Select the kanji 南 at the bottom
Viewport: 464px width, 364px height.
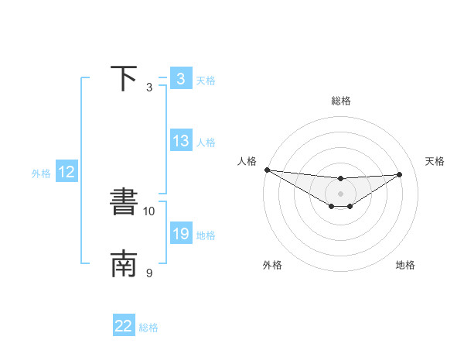tap(124, 264)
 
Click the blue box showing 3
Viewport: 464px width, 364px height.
tap(180, 78)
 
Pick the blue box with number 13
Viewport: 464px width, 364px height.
tap(180, 141)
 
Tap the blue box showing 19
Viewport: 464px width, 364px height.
tap(180, 233)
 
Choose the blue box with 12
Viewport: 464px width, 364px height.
tap(67, 173)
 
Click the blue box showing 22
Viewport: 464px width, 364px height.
tap(124, 326)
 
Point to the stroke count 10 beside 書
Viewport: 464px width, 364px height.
tap(149, 211)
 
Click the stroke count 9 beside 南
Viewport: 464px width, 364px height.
tap(149, 273)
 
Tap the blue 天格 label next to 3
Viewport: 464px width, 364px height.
tap(206, 81)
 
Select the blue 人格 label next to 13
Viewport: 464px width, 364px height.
tap(206, 143)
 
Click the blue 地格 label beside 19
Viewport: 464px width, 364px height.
tap(206, 235)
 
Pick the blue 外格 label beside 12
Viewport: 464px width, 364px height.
tap(41, 174)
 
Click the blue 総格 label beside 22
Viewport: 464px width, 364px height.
tap(148, 328)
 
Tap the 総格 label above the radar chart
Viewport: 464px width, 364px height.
tap(340, 101)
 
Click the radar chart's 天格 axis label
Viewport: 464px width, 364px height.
tap(435, 161)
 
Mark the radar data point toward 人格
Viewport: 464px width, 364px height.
tap(267, 170)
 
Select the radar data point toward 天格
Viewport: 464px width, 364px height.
tap(399, 174)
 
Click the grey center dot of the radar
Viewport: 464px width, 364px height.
tap(340, 194)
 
